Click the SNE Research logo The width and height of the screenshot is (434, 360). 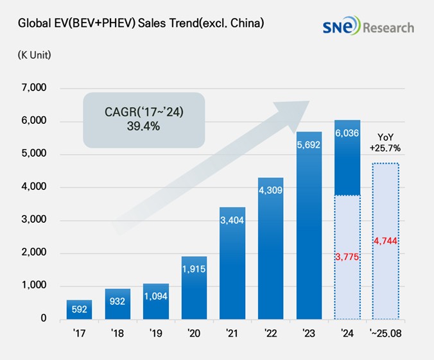(x=369, y=27)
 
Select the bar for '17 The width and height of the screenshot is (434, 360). (x=79, y=309)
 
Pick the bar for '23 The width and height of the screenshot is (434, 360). (x=309, y=225)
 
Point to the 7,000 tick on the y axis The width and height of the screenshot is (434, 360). (x=34, y=88)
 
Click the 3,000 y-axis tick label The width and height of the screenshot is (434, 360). (x=34, y=219)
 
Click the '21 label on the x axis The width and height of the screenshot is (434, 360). (x=232, y=334)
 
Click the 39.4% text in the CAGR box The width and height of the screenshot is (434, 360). (x=144, y=126)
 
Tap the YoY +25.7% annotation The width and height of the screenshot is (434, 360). (x=386, y=141)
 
